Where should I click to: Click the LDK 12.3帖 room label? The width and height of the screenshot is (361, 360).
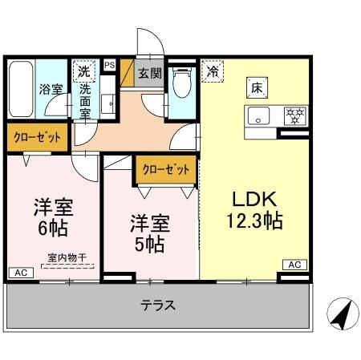pyautogui.click(x=257, y=211)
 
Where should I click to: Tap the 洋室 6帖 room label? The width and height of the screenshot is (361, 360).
pyautogui.click(x=53, y=216)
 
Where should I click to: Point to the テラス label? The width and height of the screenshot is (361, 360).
pyautogui.click(x=158, y=305)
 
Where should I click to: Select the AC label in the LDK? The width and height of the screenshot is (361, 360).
pyautogui.click(x=294, y=265)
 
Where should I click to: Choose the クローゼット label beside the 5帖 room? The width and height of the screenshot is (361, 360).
pyautogui.click(x=166, y=169)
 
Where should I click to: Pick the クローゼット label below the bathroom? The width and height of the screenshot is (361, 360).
pyautogui.click(x=37, y=138)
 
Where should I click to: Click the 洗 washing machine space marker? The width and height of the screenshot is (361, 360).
pyautogui.click(x=84, y=71)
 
